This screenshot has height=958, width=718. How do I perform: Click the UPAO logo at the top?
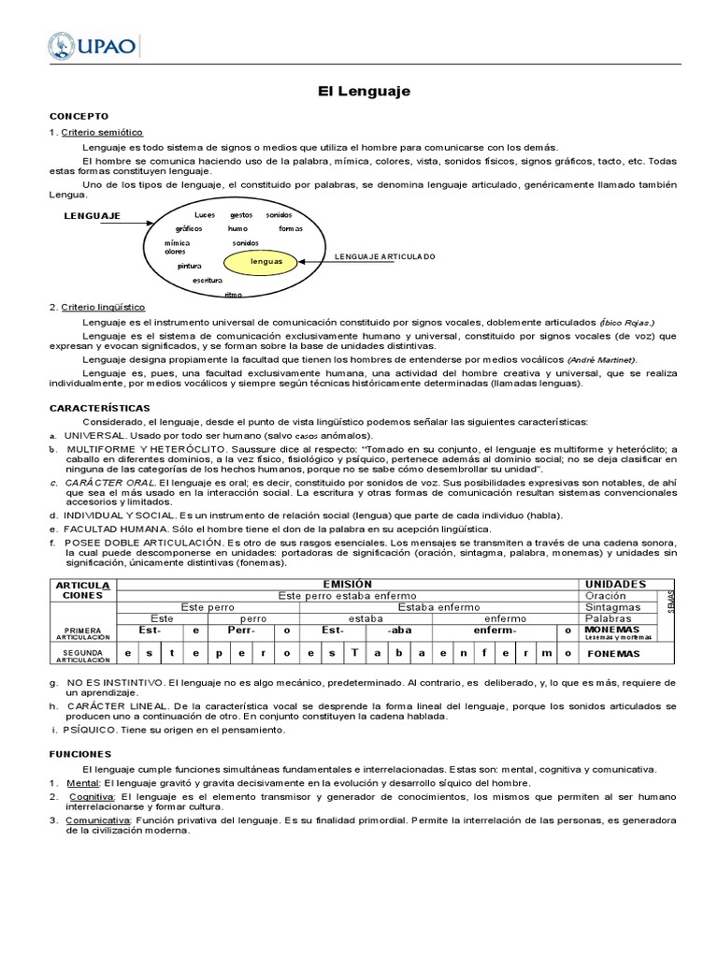click(x=93, y=45)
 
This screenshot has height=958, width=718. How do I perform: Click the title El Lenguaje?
click(x=360, y=92)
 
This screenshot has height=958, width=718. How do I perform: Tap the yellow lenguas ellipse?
click(x=266, y=262)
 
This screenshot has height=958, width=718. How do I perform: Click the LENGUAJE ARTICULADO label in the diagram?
click(x=385, y=256)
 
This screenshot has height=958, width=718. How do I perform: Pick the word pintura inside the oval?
click(x=189, y=266)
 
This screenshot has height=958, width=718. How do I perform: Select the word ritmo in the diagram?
click(x=233, y=295)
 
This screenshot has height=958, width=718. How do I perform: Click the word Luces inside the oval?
click(x=205, y=215)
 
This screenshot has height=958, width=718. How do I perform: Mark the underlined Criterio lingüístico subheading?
click(x=104, y=307)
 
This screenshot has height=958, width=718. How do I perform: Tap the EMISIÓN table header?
click(x=347, y=584)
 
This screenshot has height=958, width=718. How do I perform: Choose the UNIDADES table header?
click(x=614, y=584)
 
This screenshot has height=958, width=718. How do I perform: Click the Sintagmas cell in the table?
click(x=613, y=606)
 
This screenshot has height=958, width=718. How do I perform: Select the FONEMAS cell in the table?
click(x=615, y=653)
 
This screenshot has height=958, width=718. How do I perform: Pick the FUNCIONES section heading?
click(x=79, y=753)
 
